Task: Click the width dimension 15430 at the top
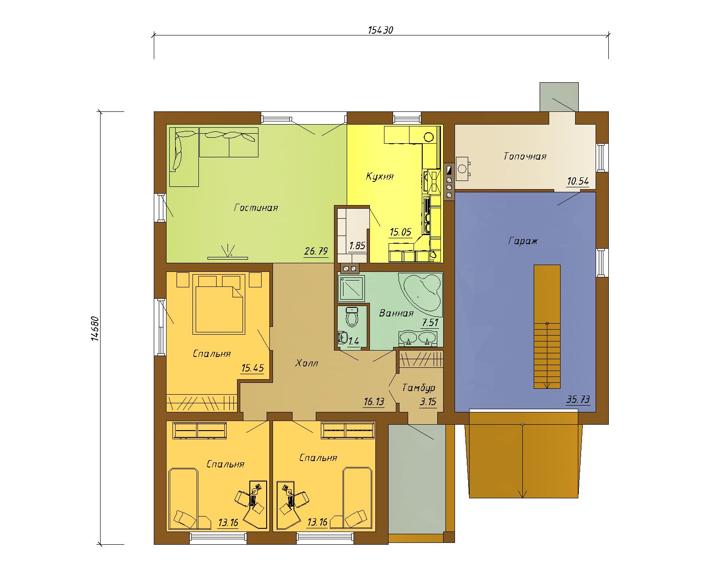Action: click(380, 30)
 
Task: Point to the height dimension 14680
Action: click(96, 328)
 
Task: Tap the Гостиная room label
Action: click(256, 208)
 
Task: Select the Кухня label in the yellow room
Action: click(380, 176)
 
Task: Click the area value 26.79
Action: click(316, 251)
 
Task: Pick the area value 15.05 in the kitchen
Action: click(400, 232)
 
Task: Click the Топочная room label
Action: click(525, 156)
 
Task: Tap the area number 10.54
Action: click(578, 181)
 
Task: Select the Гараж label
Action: click(523, 241)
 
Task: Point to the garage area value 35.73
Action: click(578, 399)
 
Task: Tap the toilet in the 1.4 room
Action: click(353, 317)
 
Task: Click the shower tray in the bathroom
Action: click(352, 288)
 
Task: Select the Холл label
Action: click(307, 363)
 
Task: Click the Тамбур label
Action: click(419, 388)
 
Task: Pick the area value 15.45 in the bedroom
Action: click(253, 368)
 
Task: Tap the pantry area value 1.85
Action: click(358, 246)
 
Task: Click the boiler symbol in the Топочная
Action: click(462, 169)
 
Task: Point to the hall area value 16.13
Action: click(374, 402)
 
